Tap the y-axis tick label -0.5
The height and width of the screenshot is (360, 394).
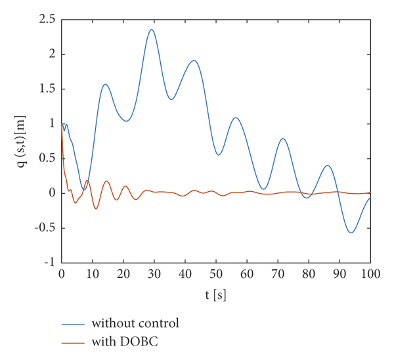click(45, 228)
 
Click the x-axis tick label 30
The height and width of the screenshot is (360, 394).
click(154, 274)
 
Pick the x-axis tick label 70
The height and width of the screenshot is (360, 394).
click(278, 274)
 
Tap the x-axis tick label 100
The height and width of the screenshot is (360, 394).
click(370, 274)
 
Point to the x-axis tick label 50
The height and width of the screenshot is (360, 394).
click(216, 274)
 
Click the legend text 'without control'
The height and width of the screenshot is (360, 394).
click(135, 323)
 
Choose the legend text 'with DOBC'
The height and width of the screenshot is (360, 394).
click(125, 342)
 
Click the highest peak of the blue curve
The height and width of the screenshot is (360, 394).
click(151, 30)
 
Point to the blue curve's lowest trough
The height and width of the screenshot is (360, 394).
click(351, 233)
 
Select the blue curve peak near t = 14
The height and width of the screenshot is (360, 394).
click(105, 84)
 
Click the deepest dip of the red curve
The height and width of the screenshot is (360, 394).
click(96, 208)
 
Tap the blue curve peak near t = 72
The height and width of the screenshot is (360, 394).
click(283, 139)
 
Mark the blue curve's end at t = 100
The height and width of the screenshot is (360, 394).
click(370, 198)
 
